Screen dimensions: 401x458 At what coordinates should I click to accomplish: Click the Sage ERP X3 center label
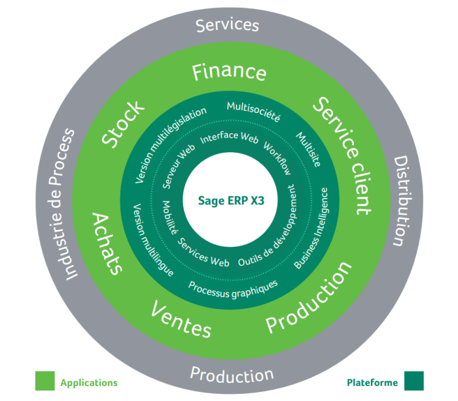(229, 200)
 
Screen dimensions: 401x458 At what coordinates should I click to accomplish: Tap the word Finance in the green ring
(229, 72)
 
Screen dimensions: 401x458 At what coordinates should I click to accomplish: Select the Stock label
(122, 123)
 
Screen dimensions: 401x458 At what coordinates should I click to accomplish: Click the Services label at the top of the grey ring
(228, 25)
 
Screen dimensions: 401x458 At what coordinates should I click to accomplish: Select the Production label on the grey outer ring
(232, 375)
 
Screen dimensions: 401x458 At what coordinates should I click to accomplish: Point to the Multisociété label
(253, 112)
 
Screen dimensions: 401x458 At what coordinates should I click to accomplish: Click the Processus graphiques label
(233, 285)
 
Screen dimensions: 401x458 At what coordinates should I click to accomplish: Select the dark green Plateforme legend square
(414, 381)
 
